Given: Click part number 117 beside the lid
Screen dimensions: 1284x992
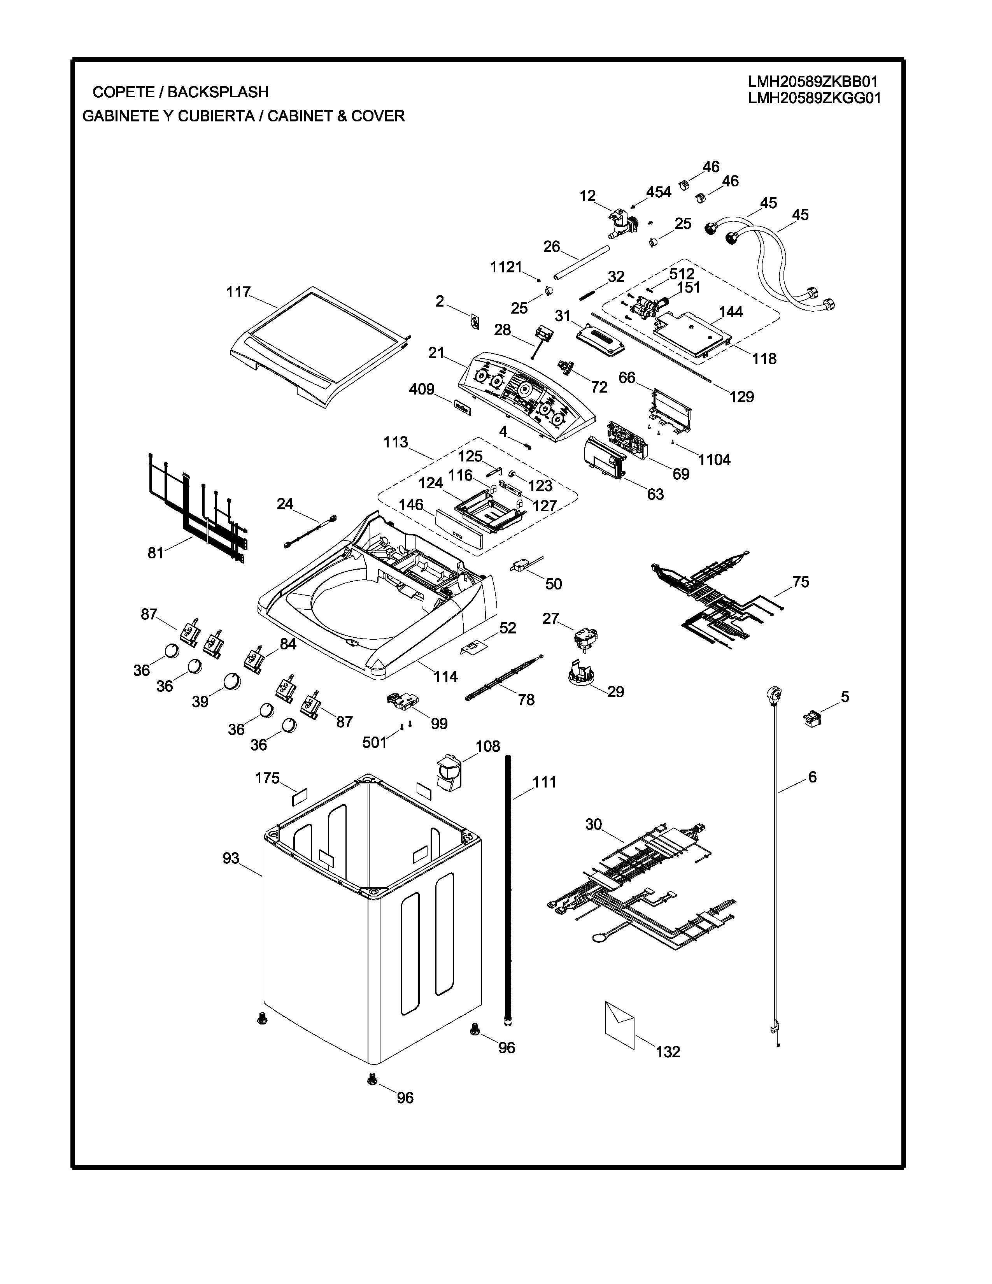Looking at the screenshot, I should coord(238,292).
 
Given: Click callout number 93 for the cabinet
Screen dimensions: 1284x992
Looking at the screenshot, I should coord(231,858).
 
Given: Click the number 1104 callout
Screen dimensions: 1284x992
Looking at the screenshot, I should coord(714,460).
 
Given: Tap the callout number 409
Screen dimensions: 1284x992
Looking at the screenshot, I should coord(422,389).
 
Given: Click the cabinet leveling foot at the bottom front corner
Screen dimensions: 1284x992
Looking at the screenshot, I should coord(372,1078).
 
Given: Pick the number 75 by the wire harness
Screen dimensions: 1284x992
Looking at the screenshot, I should coord(801,582).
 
